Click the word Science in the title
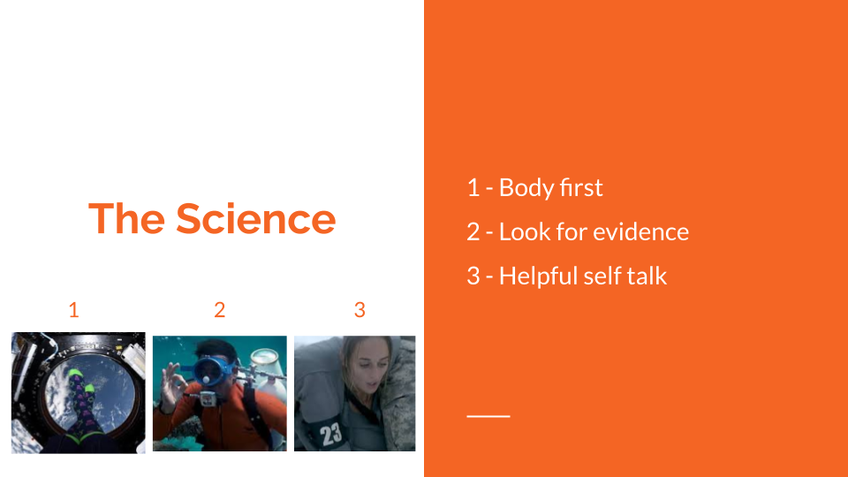[x=255, y=218]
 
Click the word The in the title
[x=125, y=218]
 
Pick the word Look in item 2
[x=521, y=232]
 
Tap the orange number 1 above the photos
[x=74, y=310]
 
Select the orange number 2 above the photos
[x=220, y=310]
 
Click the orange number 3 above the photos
[x=360, y=310]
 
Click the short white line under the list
[x=488, y=415]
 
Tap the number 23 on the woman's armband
[x=331, y=434]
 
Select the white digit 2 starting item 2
[x=473, y=232]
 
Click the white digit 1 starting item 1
[x=473, y=188]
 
